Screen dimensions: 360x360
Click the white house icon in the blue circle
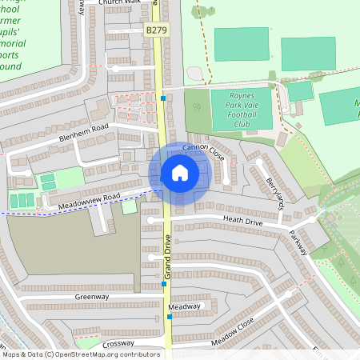pyautogui.click(x=179, y=172)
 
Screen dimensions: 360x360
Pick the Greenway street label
pyautogui.click(x=92, y=297)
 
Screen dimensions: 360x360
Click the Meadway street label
pyautogui.click(x=185, y=306)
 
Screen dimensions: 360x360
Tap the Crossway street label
pyautogui.click(x=118, y=342)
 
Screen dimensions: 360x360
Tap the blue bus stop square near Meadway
pyautogui.click(x=170, y=317)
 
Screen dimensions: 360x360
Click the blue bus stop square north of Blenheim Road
pyautogui.click(x=162, y=98)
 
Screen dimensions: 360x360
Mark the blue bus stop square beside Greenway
pyautogui.click(x=164, y=284)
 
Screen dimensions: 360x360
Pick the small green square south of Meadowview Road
pyautogui.click(x=128, y=207)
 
